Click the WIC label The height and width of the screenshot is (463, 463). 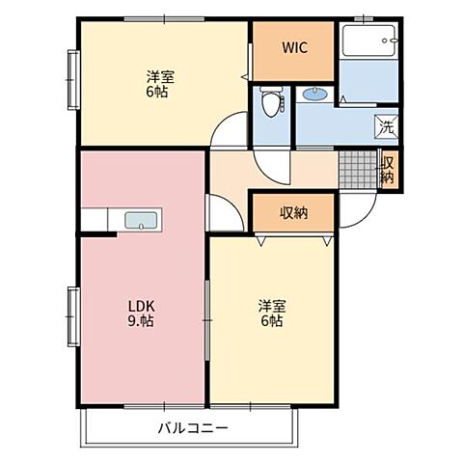pyautogui.click(x=295, y=47)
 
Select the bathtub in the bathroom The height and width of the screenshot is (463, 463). pyautogui.click(x=368, y=41)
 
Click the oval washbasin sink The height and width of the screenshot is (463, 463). pyautogui.click(x=315, y=94)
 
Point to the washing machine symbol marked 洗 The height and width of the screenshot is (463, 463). pyautogui.click(x=387, y=127)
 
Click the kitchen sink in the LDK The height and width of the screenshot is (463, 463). pyautogui.click(x=142, y=221)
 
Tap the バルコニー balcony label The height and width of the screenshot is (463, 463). pyautogui.click(x=193, y=428)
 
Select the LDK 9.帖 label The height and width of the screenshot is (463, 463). pyautogui.click(x=142, y=313)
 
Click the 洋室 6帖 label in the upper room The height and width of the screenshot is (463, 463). pyautogui.click(x=160, y=84)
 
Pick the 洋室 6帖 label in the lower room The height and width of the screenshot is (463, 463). pyautogui.click(x=272, y=313)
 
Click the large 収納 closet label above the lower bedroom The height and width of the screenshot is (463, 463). pyautogui.click(x=293, y=212)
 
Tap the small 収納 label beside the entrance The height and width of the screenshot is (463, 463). pyautogui.click(x=388, y=171)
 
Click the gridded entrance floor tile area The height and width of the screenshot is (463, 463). pyautogui.click(x=358, y=170)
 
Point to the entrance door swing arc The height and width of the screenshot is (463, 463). pyautogui.click(x=366, y=218)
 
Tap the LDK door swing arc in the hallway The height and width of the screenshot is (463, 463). pyautogui.click(x=233, y=204)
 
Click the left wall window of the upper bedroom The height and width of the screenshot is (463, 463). pyautogui.click(x=73, y=79)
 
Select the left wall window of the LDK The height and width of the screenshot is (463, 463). pyautogui.click(x=73, y=316)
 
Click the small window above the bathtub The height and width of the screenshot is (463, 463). pyautogui.click(x=364, y=18)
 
